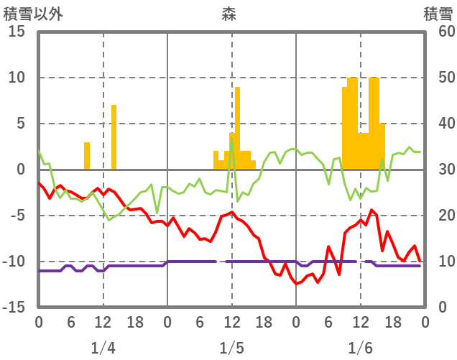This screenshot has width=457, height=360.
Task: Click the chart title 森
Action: (x=228, y=13)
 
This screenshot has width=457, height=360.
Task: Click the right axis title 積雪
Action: (x=438, y=13)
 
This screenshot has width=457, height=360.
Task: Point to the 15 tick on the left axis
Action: (x=17, y=32)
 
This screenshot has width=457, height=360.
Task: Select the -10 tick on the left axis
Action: (x=14, y=262)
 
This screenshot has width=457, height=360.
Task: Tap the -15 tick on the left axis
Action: (x=14, y=308)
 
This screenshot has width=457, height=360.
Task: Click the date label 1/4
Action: (x=103, y=349)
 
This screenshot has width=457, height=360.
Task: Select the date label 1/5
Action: (x=231, y=349)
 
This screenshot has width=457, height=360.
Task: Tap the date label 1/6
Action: (x=360, y=349)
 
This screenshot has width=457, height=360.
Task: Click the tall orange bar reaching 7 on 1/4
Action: (x=114, y=137)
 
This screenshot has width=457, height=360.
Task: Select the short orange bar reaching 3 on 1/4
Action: (x=87, y=156)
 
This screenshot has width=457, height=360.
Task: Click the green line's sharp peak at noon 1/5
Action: (x=231, y=137)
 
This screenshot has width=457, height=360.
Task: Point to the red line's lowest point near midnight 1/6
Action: (x=296, y=284)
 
